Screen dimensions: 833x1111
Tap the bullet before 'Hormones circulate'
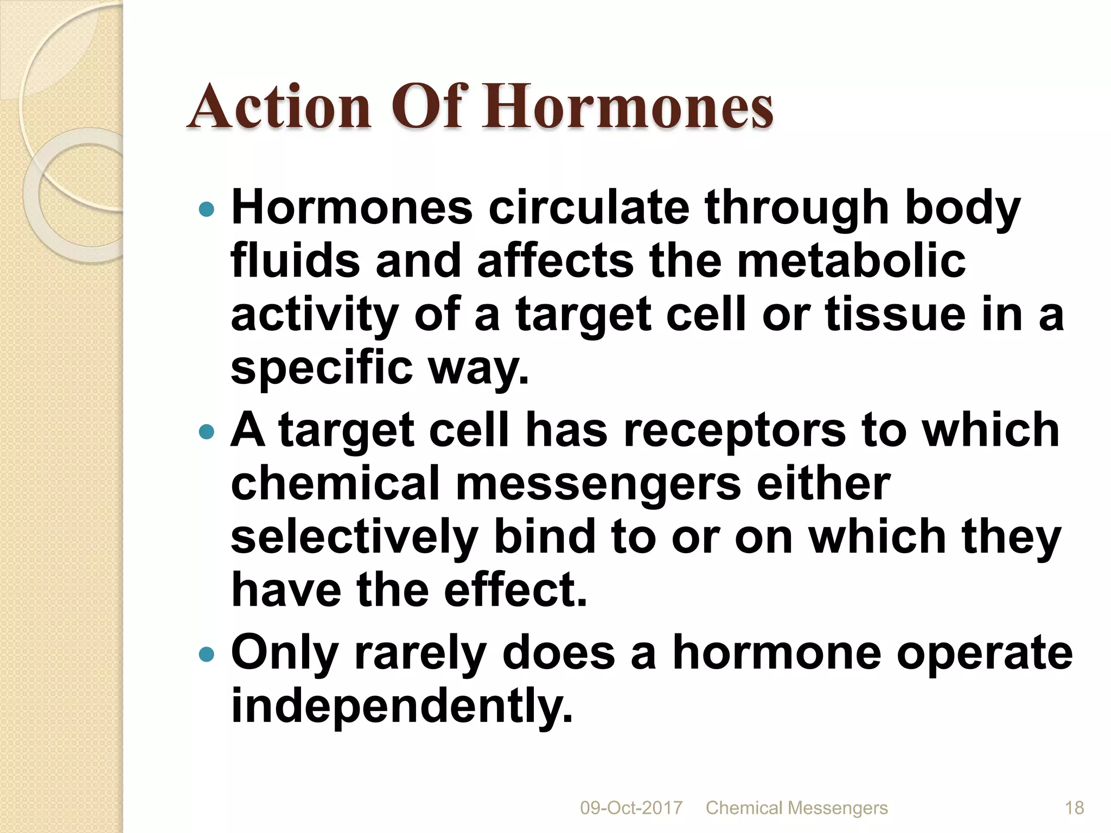207,209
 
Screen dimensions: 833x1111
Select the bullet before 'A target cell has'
207,432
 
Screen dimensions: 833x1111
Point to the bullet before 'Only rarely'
207,655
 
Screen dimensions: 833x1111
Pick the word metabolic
851,261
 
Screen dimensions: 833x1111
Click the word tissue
896,315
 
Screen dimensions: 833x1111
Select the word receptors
735,430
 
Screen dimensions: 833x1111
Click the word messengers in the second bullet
598,484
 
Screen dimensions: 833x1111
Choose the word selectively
354,537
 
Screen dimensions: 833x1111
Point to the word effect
515,590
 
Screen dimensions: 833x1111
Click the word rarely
420,653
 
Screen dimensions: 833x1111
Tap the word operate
984,653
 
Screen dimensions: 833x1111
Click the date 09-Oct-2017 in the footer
631,808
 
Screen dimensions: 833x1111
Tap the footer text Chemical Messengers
796,808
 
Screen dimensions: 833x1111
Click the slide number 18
1074,808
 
